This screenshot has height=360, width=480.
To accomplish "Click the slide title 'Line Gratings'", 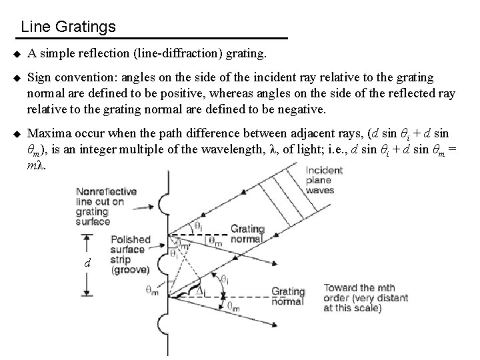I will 68,27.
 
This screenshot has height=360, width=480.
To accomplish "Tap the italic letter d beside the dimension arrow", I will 87,263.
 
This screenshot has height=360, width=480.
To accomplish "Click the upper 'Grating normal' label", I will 247,234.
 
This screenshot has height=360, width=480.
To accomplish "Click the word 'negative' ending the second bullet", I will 303,108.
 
